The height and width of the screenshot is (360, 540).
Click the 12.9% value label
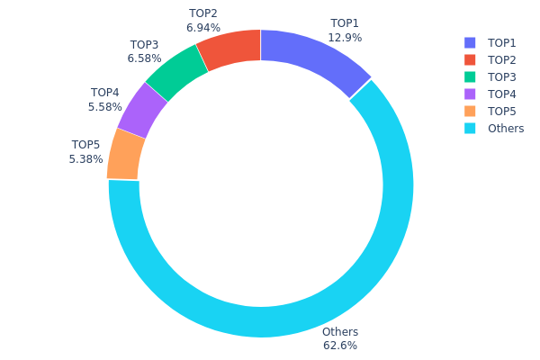pyautogui.click(x=345, y=37)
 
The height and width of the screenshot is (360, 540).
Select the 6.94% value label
pyautogui.click(x=203, y=28)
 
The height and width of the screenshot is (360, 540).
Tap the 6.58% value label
pyautogui.click(x=144, y=58)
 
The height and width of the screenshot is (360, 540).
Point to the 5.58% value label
pyautogui.click(x=104, y=106)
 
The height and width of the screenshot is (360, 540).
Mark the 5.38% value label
pyautogui.click(x=85, y=159)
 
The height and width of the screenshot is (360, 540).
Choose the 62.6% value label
pyautogui.click(x=340, y=346)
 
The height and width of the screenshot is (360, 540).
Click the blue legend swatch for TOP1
pyautogui.click(x=470, y=43)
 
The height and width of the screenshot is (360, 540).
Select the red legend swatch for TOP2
pyautogui.click(x=470, y=60)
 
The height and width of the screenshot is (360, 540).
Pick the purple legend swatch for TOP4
pyautogui.click(x=470, y=94)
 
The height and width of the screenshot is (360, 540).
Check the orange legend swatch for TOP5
pyautogui.click(x=470, y=112)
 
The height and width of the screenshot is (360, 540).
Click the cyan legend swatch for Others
pyautogui.click(x=470, y=129)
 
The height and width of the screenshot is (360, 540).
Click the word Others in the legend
pyautogui.click(x=506, y=129)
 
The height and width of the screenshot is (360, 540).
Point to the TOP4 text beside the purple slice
pyautogui.click(x=104, y=93)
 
